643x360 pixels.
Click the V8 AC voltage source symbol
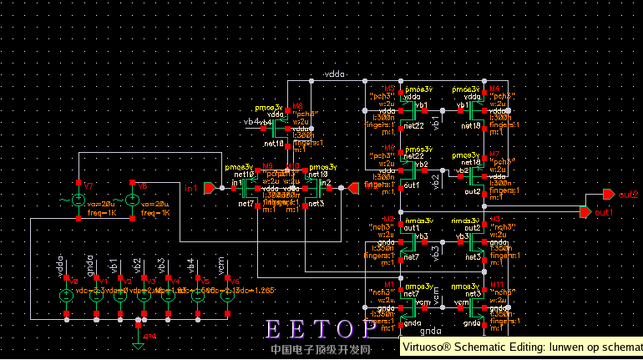pyautogui.click(x=131, y=200)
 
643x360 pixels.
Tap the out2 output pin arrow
pyautogui.click(x=607, y=195)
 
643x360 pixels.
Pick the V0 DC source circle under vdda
pyautogui.click(x=66, y=295)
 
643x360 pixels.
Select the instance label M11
pyautogui.click(x=495, y=284)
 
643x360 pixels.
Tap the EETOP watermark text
pyautogui.click(x=321, y=329)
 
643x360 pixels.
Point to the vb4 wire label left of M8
pyautogui.click(x=251, y=123)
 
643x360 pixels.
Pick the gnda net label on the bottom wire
pyautogui.click(x=430, y=331)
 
